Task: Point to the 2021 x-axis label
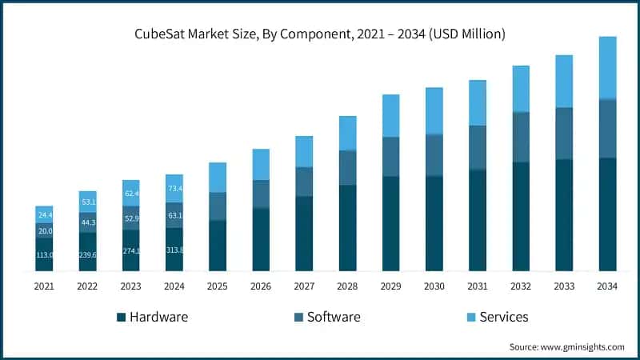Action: pos(44,285)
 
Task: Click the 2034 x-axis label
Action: pos(607,285)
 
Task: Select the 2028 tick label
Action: pos(347,285)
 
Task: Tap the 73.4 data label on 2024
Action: pos(174,189)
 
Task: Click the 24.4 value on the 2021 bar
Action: pos(44,215)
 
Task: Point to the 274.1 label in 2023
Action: pos(131,251)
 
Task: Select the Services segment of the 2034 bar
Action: pos(607,68)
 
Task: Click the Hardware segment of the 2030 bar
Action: pos(434,223)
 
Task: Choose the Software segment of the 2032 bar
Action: pos(521,137)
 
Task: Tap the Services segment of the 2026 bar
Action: pos(261,164)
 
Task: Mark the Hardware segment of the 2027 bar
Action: pos(304,234)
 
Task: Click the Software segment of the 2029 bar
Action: pos(390,157)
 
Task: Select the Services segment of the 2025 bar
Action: pos(218,177)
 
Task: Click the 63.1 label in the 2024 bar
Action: pos(174,214)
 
